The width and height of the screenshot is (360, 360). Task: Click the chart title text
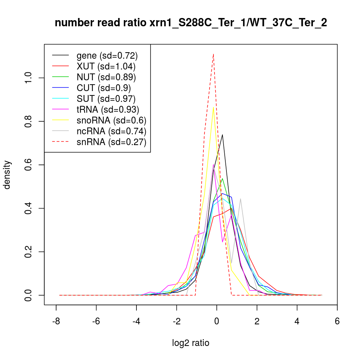[191, 23]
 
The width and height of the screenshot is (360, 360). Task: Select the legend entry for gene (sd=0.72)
[107, 55]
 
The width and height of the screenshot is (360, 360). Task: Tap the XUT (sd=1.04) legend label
[106, 66]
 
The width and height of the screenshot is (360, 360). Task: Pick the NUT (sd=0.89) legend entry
[106, 77]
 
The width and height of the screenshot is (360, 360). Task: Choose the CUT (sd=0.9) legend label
[104, 88]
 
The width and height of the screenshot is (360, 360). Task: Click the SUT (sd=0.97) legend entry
[106, 99]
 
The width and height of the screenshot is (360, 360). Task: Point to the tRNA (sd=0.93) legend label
[108, 109]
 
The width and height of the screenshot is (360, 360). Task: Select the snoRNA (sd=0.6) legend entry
[111, 120]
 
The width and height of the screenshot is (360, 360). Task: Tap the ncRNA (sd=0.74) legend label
[111, 131]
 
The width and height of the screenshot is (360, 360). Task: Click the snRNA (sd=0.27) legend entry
[111, 142]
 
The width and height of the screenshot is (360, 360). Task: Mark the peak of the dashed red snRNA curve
[213, 54]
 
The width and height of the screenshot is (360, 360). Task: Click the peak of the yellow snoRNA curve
[213, 107]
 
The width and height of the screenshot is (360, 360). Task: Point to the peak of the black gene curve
[222, 135]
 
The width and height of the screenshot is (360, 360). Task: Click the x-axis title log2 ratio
[191, 343]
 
